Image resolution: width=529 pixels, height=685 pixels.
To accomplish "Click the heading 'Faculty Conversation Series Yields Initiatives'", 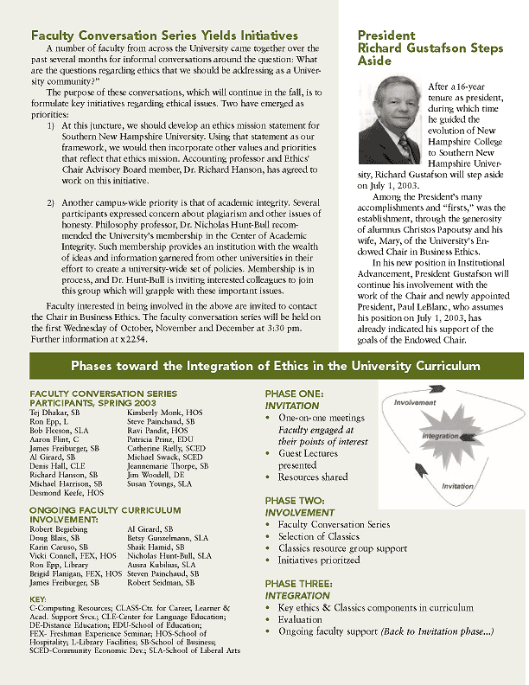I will (x=164, y=35).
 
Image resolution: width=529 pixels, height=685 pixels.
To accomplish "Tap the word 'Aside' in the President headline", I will (x=374, y=62).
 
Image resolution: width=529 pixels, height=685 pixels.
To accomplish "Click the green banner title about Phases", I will (x=275, y=366).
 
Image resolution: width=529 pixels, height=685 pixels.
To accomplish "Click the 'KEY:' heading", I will (x=38, y=599).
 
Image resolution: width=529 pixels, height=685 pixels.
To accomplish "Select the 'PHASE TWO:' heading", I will (x=296, y=501).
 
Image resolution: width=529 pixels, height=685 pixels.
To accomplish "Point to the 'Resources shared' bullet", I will (x=313, y=477).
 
